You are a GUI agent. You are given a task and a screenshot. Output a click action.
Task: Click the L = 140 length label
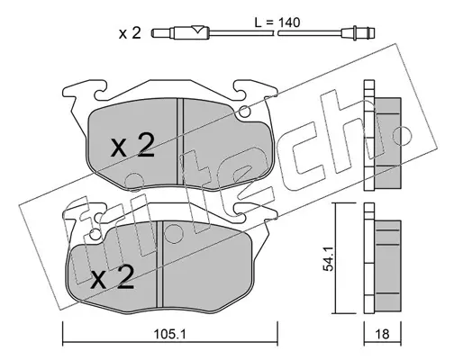(277, 22)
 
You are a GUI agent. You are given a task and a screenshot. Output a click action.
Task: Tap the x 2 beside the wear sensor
(130, 33)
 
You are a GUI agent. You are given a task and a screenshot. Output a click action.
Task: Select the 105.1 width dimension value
(169, 334)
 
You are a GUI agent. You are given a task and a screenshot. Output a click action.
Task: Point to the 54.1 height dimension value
(328, 259)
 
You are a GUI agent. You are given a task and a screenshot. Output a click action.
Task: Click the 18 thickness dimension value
(382, 334)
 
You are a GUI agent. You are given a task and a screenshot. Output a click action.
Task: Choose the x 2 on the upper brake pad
(132, 146)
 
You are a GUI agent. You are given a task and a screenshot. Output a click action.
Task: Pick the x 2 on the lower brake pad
(113, 277)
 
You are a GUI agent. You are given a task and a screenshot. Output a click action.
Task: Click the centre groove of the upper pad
(180, 141)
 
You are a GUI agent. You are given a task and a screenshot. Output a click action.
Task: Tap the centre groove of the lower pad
(159, 264)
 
